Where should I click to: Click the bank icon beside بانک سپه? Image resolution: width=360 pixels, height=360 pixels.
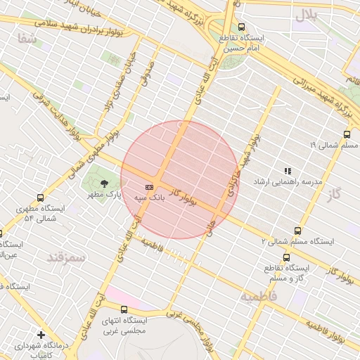coord(149,187)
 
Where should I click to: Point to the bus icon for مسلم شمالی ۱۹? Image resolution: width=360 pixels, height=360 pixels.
coord(347,134)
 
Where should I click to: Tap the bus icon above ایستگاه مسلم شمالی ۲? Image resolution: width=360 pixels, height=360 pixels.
coord(297,230)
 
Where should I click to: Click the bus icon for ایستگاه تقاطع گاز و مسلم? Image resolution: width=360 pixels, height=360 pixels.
coord(286,257)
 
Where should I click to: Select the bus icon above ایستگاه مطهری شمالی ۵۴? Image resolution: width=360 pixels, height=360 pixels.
coord(40,198)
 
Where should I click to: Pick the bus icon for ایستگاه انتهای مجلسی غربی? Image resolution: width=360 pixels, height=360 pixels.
coord(124,309)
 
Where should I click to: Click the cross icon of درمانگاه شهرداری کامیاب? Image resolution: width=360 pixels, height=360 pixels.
coord(41,335)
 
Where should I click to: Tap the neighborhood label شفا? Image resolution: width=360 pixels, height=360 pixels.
coord(27,39)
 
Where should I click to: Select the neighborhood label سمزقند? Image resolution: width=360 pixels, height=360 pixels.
coord(65,257)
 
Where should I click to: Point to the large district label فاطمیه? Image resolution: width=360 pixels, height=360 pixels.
coord(258,297)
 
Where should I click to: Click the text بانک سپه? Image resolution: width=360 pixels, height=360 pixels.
coord(150,198)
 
